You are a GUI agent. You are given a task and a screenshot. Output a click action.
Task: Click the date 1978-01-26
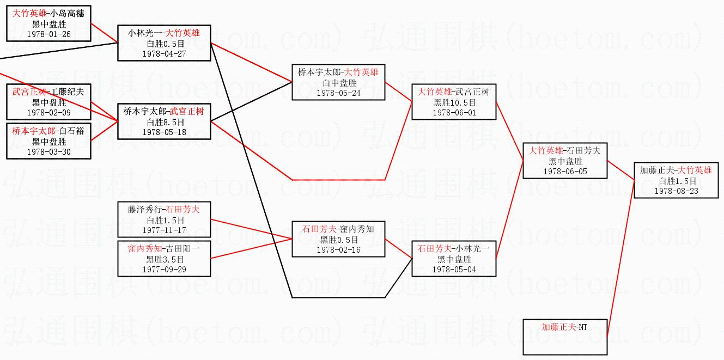48,34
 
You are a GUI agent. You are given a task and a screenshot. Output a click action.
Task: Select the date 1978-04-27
164,54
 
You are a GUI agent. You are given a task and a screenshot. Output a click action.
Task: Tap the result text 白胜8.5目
164,123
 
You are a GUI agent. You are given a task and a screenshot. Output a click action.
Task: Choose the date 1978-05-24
338,93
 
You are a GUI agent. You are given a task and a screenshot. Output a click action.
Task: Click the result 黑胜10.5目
454,102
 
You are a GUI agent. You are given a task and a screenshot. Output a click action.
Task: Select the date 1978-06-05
565,172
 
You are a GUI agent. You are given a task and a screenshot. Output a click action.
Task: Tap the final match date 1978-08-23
676,191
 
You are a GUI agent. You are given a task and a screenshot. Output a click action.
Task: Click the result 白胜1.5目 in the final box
676,181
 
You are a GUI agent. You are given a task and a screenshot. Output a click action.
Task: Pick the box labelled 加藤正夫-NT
564,337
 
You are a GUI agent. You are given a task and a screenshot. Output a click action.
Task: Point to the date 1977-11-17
164,230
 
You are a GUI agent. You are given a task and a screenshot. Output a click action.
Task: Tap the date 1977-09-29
164,270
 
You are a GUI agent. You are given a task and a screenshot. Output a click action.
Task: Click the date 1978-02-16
338,250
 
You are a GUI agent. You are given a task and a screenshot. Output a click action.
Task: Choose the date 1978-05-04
454,270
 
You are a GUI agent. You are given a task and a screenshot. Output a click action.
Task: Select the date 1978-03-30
48,152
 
